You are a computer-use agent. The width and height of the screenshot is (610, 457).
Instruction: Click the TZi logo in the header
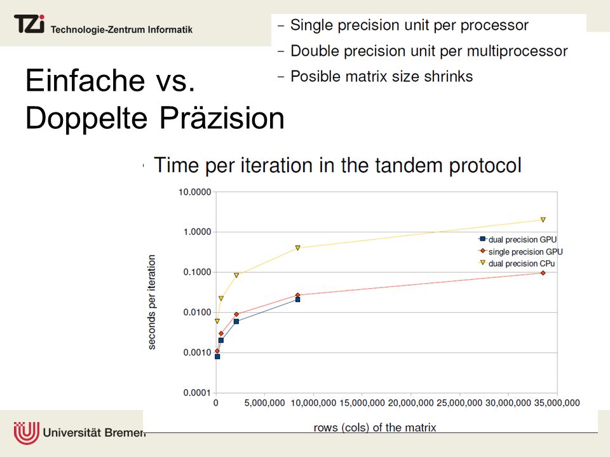[x=29, y=23]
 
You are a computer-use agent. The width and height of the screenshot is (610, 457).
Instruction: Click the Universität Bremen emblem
[x=27, y=432]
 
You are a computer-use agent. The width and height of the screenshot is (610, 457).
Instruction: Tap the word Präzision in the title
[x=222, y=118]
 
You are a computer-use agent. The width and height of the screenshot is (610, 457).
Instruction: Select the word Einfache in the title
[x=85, y=81]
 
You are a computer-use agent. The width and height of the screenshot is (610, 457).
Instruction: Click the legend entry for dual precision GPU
[x=518, y=239]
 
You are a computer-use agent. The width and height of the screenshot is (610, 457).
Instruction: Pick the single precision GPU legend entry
[x=520, y=251]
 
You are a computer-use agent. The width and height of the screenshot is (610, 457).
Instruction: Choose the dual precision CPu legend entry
[x=517, y=263]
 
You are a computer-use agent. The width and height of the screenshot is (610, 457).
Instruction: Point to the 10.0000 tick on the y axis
[x=194, y=192]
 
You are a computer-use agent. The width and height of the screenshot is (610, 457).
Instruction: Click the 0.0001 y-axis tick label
[x=197, y=393]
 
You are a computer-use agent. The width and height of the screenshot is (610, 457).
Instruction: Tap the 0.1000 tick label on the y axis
[x=197, y=272]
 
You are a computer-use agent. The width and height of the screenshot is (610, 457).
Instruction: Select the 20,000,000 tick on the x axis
[x=410, y=403]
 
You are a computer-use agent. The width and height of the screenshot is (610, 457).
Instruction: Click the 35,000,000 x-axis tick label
[x=557, y=403]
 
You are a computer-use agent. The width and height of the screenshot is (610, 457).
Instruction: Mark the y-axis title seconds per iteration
[x=152, y=302]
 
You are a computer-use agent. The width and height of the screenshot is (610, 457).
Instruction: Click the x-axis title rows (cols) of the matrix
[x=375, y=427]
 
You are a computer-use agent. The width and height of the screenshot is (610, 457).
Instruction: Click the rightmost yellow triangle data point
[x=543, y=220]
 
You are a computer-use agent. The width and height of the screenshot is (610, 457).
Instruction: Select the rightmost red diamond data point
[x=543, y=273]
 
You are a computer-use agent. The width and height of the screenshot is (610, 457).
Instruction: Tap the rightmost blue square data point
[x=297, y=300]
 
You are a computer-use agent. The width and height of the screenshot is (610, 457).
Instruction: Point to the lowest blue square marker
[x=217, y=356]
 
